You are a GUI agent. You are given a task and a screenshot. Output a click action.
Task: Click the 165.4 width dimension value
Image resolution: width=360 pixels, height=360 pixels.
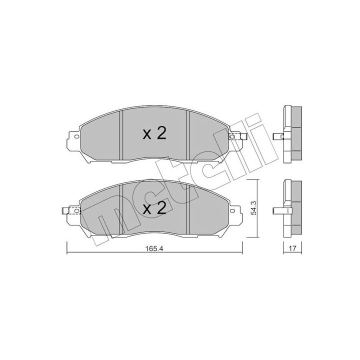[154, 248]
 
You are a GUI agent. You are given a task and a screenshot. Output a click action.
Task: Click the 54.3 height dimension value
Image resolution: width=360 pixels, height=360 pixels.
[253, 208]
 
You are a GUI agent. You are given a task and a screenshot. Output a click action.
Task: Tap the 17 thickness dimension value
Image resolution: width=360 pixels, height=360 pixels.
[292, 248]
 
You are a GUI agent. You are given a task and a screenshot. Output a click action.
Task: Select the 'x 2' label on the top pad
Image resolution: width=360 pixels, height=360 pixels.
[154, 133]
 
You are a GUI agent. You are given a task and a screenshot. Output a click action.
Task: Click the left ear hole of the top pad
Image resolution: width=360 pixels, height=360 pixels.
[76, 137]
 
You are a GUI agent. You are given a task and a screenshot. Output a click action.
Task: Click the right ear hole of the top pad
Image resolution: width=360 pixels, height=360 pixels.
[232, 136]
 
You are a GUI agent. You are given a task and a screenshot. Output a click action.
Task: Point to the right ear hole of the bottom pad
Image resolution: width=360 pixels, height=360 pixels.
[232, 210]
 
